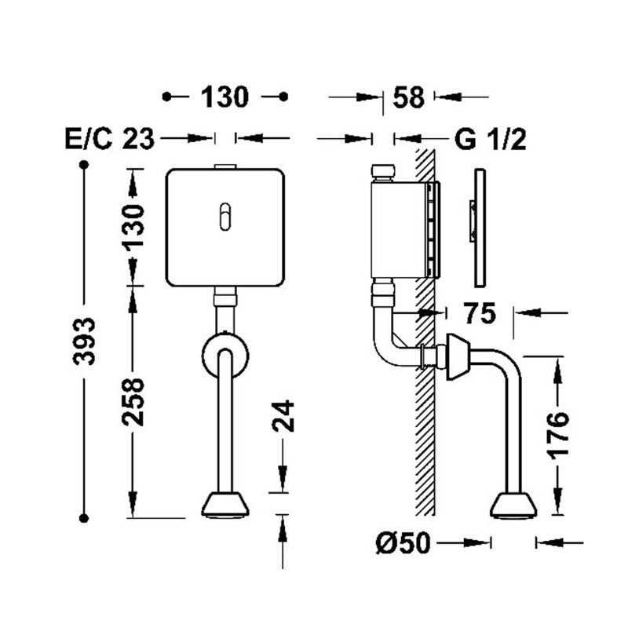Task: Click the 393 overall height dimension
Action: click(84, 341)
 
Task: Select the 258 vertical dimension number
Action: click(133, 402)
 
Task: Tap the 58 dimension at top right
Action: click(408, 97)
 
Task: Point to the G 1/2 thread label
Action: click(490, 140)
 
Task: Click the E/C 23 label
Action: click(109, 140)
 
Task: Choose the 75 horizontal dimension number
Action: click(480, 313)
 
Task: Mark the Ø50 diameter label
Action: click(403, 543)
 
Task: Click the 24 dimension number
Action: click(283, 416)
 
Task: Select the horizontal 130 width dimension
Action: click(225, 97)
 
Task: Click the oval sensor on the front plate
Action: click(225, 217)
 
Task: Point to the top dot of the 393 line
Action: click(84, 165)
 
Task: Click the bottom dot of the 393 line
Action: click(84, 518)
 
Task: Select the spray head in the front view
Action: click(225, 506)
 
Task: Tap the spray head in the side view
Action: click(513, 506)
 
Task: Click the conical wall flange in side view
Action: click(458, 357)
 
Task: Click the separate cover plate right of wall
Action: click(480, 228)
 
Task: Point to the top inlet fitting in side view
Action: click(383, 173)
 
